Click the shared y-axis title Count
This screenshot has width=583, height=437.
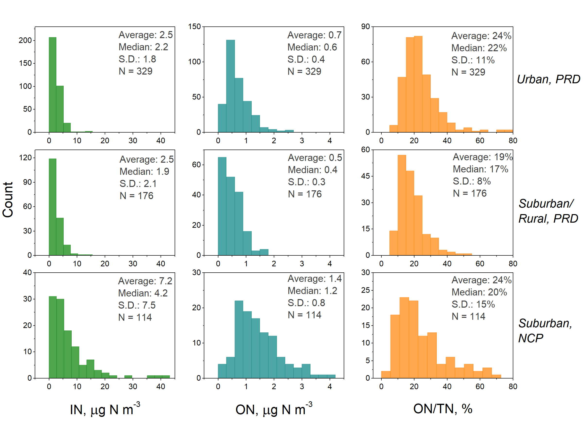point(8,200)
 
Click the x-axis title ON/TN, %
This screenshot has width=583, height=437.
point(443,409)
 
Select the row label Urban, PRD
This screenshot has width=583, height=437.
point(548,79)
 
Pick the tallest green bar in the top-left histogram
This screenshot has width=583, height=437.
point(52,84)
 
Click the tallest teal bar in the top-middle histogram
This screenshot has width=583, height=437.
point(230,86)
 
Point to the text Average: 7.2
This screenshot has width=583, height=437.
point(145,281)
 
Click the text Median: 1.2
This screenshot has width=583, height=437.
point(312,291)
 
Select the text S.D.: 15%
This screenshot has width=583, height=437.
point(473,304)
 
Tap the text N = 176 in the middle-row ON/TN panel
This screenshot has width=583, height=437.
point(470,193)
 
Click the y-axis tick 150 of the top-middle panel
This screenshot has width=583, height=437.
point(195,27)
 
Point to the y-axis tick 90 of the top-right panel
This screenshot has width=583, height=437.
point(365,27)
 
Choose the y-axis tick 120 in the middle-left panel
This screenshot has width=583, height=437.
point(25,158)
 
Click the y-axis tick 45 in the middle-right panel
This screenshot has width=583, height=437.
point(365,176)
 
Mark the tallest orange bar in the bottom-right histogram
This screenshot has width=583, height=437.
point(404,338)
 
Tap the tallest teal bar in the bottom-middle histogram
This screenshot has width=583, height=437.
point(239,339)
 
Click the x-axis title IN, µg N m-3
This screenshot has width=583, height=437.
point(105,409)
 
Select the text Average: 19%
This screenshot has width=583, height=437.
point(483,157)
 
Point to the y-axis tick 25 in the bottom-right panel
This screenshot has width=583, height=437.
point(365,290)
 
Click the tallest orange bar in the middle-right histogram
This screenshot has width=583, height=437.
point(402,205)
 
